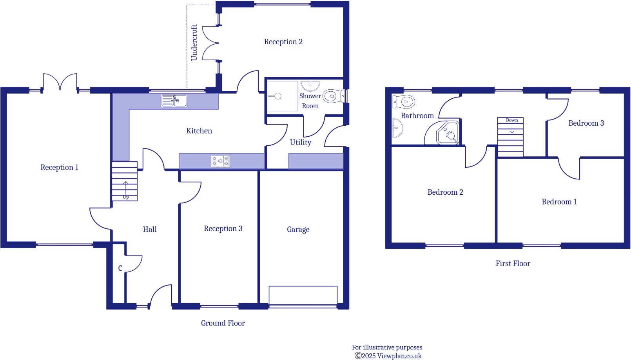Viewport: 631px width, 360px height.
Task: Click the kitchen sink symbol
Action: tap(174, 101)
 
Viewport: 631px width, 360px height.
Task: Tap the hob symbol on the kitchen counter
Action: tap(220, 161)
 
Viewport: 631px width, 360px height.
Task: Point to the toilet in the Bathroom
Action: tap(404, 102)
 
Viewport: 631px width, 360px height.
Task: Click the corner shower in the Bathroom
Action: tap(448, 133)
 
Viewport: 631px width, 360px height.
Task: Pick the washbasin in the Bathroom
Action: tap(397, 128)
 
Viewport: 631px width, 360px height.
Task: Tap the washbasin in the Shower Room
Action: tap(310, 85)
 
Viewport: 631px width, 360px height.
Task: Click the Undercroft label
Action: tap(194, 43)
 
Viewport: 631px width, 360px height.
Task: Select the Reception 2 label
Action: tap(283, 42)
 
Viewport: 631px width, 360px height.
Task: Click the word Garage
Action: tap(298, 230)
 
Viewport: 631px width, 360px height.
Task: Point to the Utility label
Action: tap(300, 142)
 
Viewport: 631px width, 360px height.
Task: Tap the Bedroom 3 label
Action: tap(586, 123)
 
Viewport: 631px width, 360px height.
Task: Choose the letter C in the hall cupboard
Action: tap(120, 268)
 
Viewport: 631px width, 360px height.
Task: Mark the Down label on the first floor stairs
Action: tap(511, 120)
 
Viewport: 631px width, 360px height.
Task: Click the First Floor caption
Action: tap(513, 264)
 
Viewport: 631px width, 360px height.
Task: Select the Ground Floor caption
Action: tap(223, 323)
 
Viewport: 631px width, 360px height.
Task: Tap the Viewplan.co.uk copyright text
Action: tap(388, 356)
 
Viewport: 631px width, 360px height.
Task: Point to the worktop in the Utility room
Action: tap(316, 161)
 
